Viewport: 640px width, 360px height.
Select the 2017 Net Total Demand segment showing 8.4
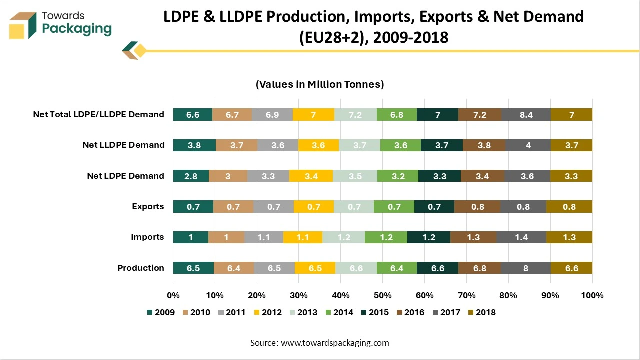526,114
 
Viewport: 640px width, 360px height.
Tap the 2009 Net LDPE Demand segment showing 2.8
191,176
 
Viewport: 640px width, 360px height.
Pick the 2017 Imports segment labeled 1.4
521,237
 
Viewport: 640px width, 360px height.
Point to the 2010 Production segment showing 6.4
234,268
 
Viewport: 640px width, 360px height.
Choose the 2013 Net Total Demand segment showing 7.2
355,114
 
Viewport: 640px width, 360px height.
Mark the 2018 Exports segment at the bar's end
569,207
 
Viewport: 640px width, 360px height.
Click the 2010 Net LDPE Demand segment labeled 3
228,176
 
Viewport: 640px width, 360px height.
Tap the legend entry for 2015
374,312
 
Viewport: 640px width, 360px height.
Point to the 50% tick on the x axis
382,295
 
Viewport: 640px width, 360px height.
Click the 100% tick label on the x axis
592,295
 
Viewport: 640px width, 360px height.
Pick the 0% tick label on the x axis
173,295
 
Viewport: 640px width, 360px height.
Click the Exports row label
148,207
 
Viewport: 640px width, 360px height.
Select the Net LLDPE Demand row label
123,145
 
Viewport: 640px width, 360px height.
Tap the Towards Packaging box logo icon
23,25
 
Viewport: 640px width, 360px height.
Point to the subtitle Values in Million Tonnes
320,84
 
